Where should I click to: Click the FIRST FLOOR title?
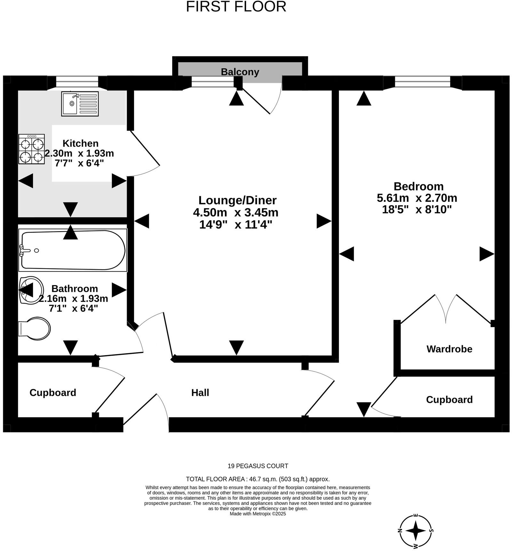(x=236, y=7)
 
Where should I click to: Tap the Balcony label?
(x=240, y=72)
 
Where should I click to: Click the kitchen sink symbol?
(x=80, y=103)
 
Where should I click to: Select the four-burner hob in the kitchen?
(x=31, y=149)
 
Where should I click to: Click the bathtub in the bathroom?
(x=73, y=250)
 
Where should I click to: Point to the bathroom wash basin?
(x=31, y=290)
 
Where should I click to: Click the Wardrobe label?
(x=449, y=349)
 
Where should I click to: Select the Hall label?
(x=200, y=392)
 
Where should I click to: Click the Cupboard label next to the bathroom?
(x=53, y=392)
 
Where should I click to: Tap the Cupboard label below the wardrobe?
(x=449, y=399)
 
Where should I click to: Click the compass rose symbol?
(x=415, y=530)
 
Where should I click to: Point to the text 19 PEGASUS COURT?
(x=258, y=466)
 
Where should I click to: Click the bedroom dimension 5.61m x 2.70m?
(x=417, y=198)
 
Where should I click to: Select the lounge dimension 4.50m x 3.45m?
(x=236, y=212)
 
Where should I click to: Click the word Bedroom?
(x=418, y=186)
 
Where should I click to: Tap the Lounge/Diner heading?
(x=237, y=200)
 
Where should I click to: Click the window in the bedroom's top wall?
(x=422, y=82)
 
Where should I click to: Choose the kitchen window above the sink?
(x=77, y=82)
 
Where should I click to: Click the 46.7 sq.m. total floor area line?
(x=258, y=479)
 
